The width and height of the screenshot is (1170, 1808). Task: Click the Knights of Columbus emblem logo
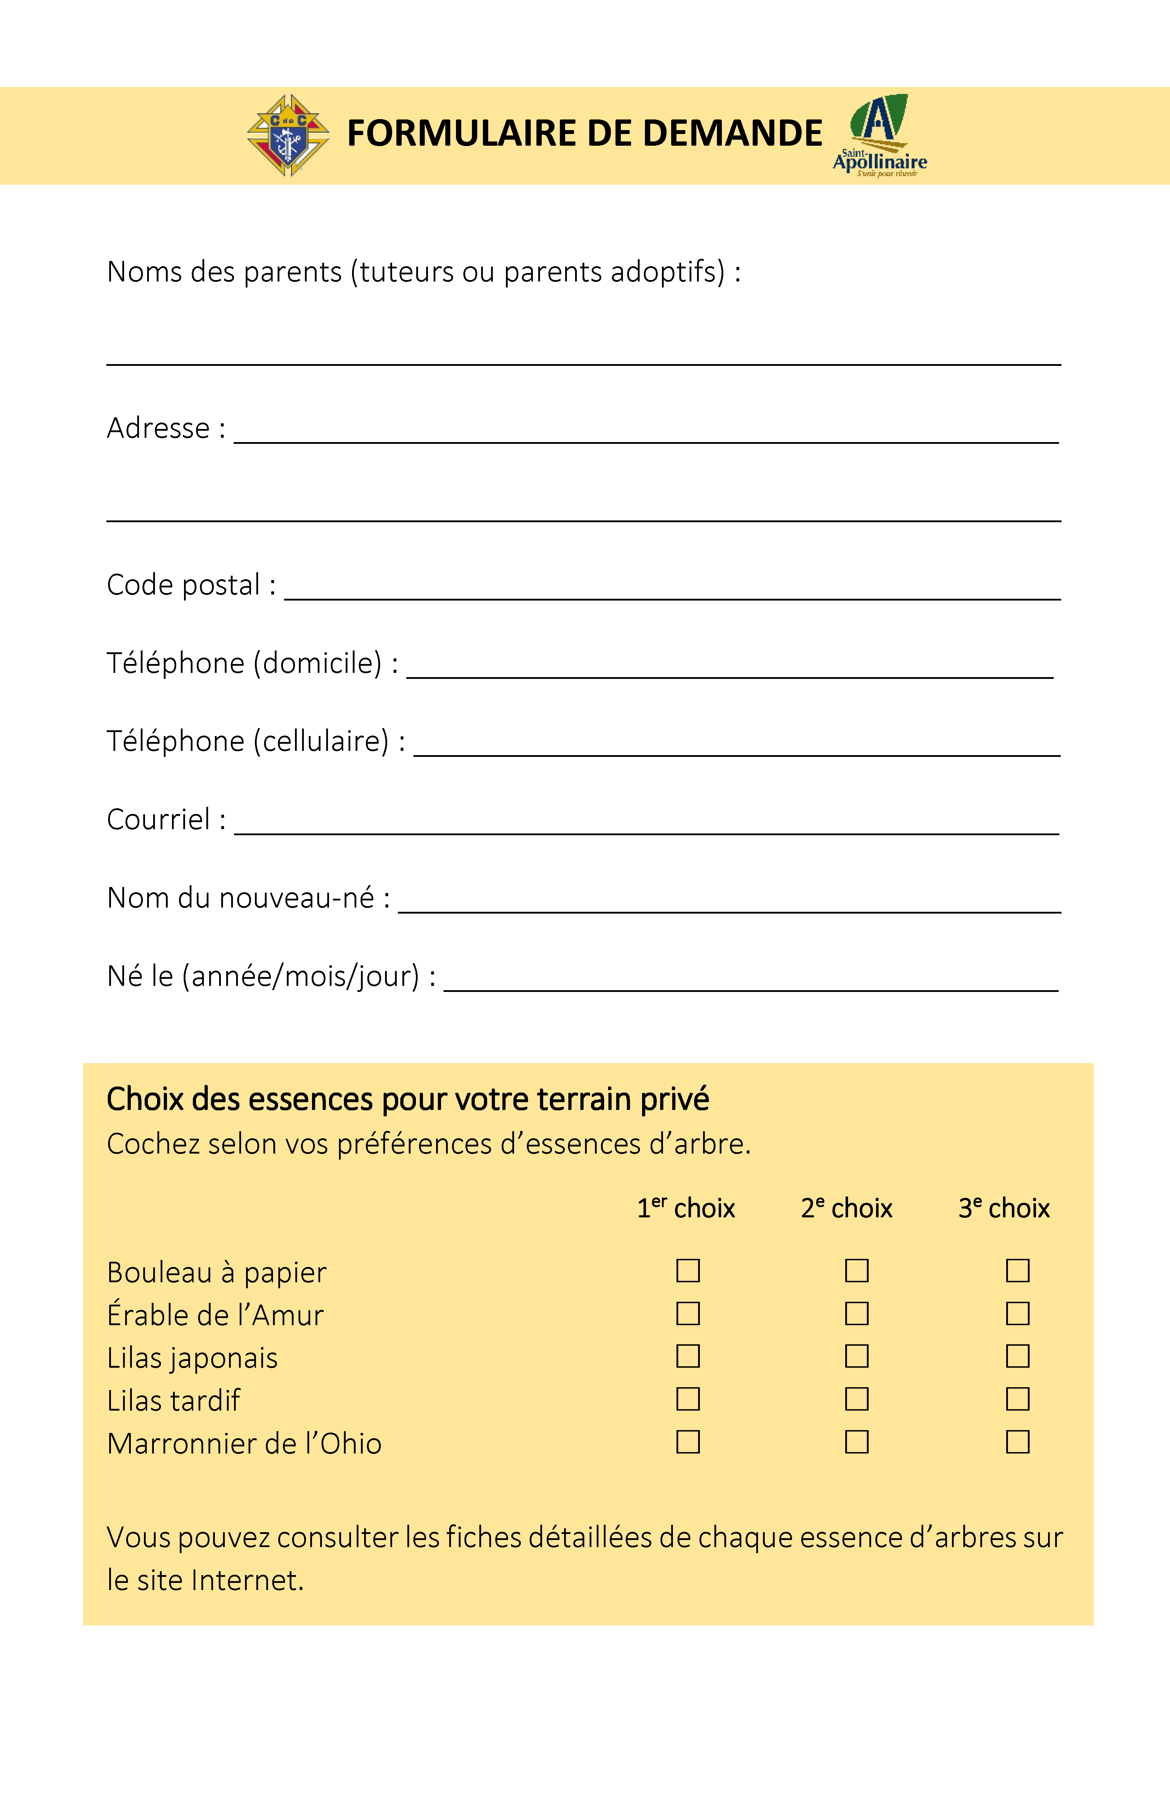click(288, 135)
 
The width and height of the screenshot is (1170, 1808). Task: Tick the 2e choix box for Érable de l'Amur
click(856, 1313)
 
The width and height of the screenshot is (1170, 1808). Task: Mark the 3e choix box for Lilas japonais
click(1017, 1356)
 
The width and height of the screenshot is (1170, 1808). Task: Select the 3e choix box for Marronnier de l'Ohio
click(1017, 1442)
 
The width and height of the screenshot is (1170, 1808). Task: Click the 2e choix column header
click(846, 1208)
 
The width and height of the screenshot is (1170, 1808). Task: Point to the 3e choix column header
click(1004, 1208)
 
